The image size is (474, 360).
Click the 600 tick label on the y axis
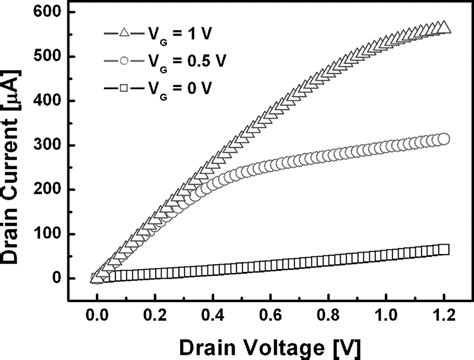tap(49, 12)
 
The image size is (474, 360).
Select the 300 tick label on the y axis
tap(49, 145)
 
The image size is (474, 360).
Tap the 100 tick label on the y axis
tap(49, 234)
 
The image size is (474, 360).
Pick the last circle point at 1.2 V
tap(442, 139)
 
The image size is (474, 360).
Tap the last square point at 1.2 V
tap(442, 249)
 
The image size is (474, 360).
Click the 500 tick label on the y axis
tap(49, 57)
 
